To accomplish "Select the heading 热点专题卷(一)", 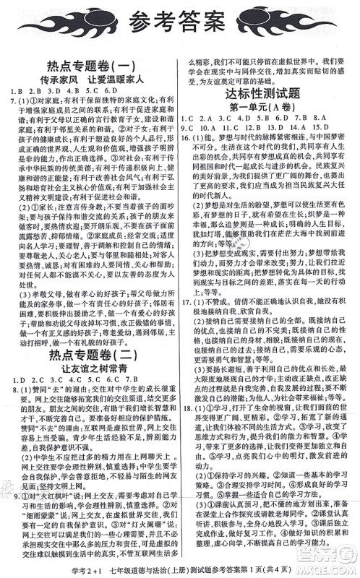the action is pos(92,67).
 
